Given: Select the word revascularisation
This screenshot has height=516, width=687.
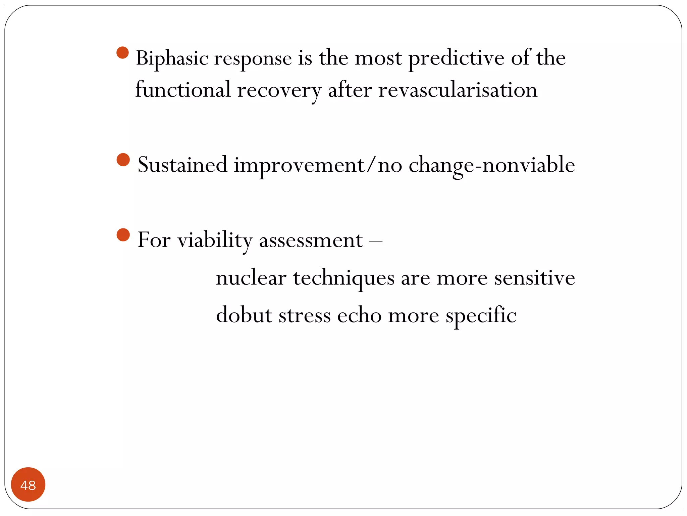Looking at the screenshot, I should [x=458, y=90].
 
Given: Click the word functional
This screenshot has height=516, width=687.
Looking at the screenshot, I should [x=183, y=90].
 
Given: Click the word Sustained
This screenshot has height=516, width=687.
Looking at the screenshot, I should [x=182, y=165].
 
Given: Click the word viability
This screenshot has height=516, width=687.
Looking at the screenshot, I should [x=215, y=240].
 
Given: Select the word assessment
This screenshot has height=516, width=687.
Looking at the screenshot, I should [x=311, y=241].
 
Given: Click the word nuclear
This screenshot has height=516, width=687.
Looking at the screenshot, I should [x=251, y=278].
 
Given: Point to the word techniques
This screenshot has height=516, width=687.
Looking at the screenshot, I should [x=343, y=279].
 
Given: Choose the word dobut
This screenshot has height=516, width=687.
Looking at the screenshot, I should [x=244, y=315].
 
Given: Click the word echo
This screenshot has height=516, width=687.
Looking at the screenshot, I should [x=359, y=315].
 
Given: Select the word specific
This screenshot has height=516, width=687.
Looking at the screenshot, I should [x=481, y=316].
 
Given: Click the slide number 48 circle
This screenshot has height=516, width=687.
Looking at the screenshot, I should [x=28, y=484].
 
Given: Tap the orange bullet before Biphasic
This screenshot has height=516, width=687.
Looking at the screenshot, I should [x=123, y=53].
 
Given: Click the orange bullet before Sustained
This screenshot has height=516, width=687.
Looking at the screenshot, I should [x=123, y=160].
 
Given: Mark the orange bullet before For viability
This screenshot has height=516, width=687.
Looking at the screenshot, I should [x=123, y=235].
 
